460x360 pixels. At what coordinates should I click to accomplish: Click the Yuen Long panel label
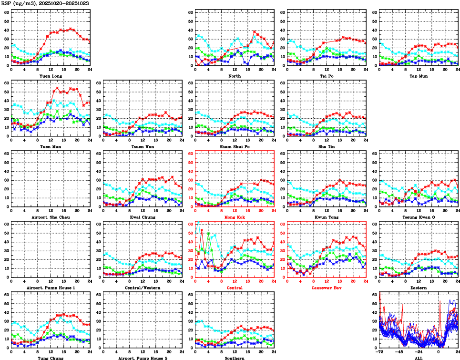pos(50,76)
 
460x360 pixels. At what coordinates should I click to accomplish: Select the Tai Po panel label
pos(327,76)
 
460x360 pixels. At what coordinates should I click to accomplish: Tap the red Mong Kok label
pos(234,217)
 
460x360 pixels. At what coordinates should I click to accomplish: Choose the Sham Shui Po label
pos(234,146)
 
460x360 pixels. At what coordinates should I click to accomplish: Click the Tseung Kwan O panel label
pos(418,217)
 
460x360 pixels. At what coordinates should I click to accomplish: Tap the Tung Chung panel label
pos(50,358)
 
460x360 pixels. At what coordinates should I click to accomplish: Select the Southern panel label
pos(234,358)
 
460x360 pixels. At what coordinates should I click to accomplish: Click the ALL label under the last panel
pos(418,358)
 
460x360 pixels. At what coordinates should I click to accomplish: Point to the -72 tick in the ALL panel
pos(379,352)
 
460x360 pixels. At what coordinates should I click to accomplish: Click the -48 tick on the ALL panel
pos(399,352)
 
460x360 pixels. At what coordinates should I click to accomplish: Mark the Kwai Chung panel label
pos(142,217)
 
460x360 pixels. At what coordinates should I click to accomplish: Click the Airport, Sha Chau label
pos(50,217)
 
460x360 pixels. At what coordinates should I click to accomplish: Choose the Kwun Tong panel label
pos(327,217)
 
